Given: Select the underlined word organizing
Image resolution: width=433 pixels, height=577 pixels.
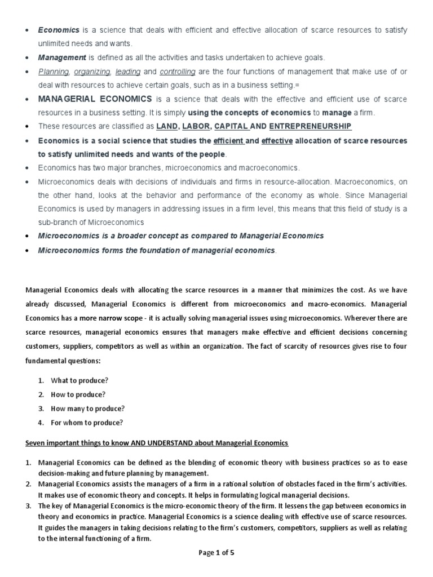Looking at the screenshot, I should [x=92, y=72].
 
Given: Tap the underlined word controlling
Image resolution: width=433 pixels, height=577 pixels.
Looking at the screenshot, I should [x=178, y=72].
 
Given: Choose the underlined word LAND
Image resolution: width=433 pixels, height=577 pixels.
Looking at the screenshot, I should [x=166, y=126].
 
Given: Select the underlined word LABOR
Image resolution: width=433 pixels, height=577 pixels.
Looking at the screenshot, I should [x=195, y=126].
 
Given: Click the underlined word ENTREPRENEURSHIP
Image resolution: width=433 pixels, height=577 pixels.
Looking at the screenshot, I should [x=310, y=126].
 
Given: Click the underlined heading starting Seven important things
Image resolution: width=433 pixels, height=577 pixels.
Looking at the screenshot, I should [x=157, y=443].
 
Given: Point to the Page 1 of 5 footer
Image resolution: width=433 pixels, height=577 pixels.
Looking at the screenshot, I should [x=216, y=553].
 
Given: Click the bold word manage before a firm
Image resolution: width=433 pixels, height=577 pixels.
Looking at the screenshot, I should [x=337, y=113].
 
